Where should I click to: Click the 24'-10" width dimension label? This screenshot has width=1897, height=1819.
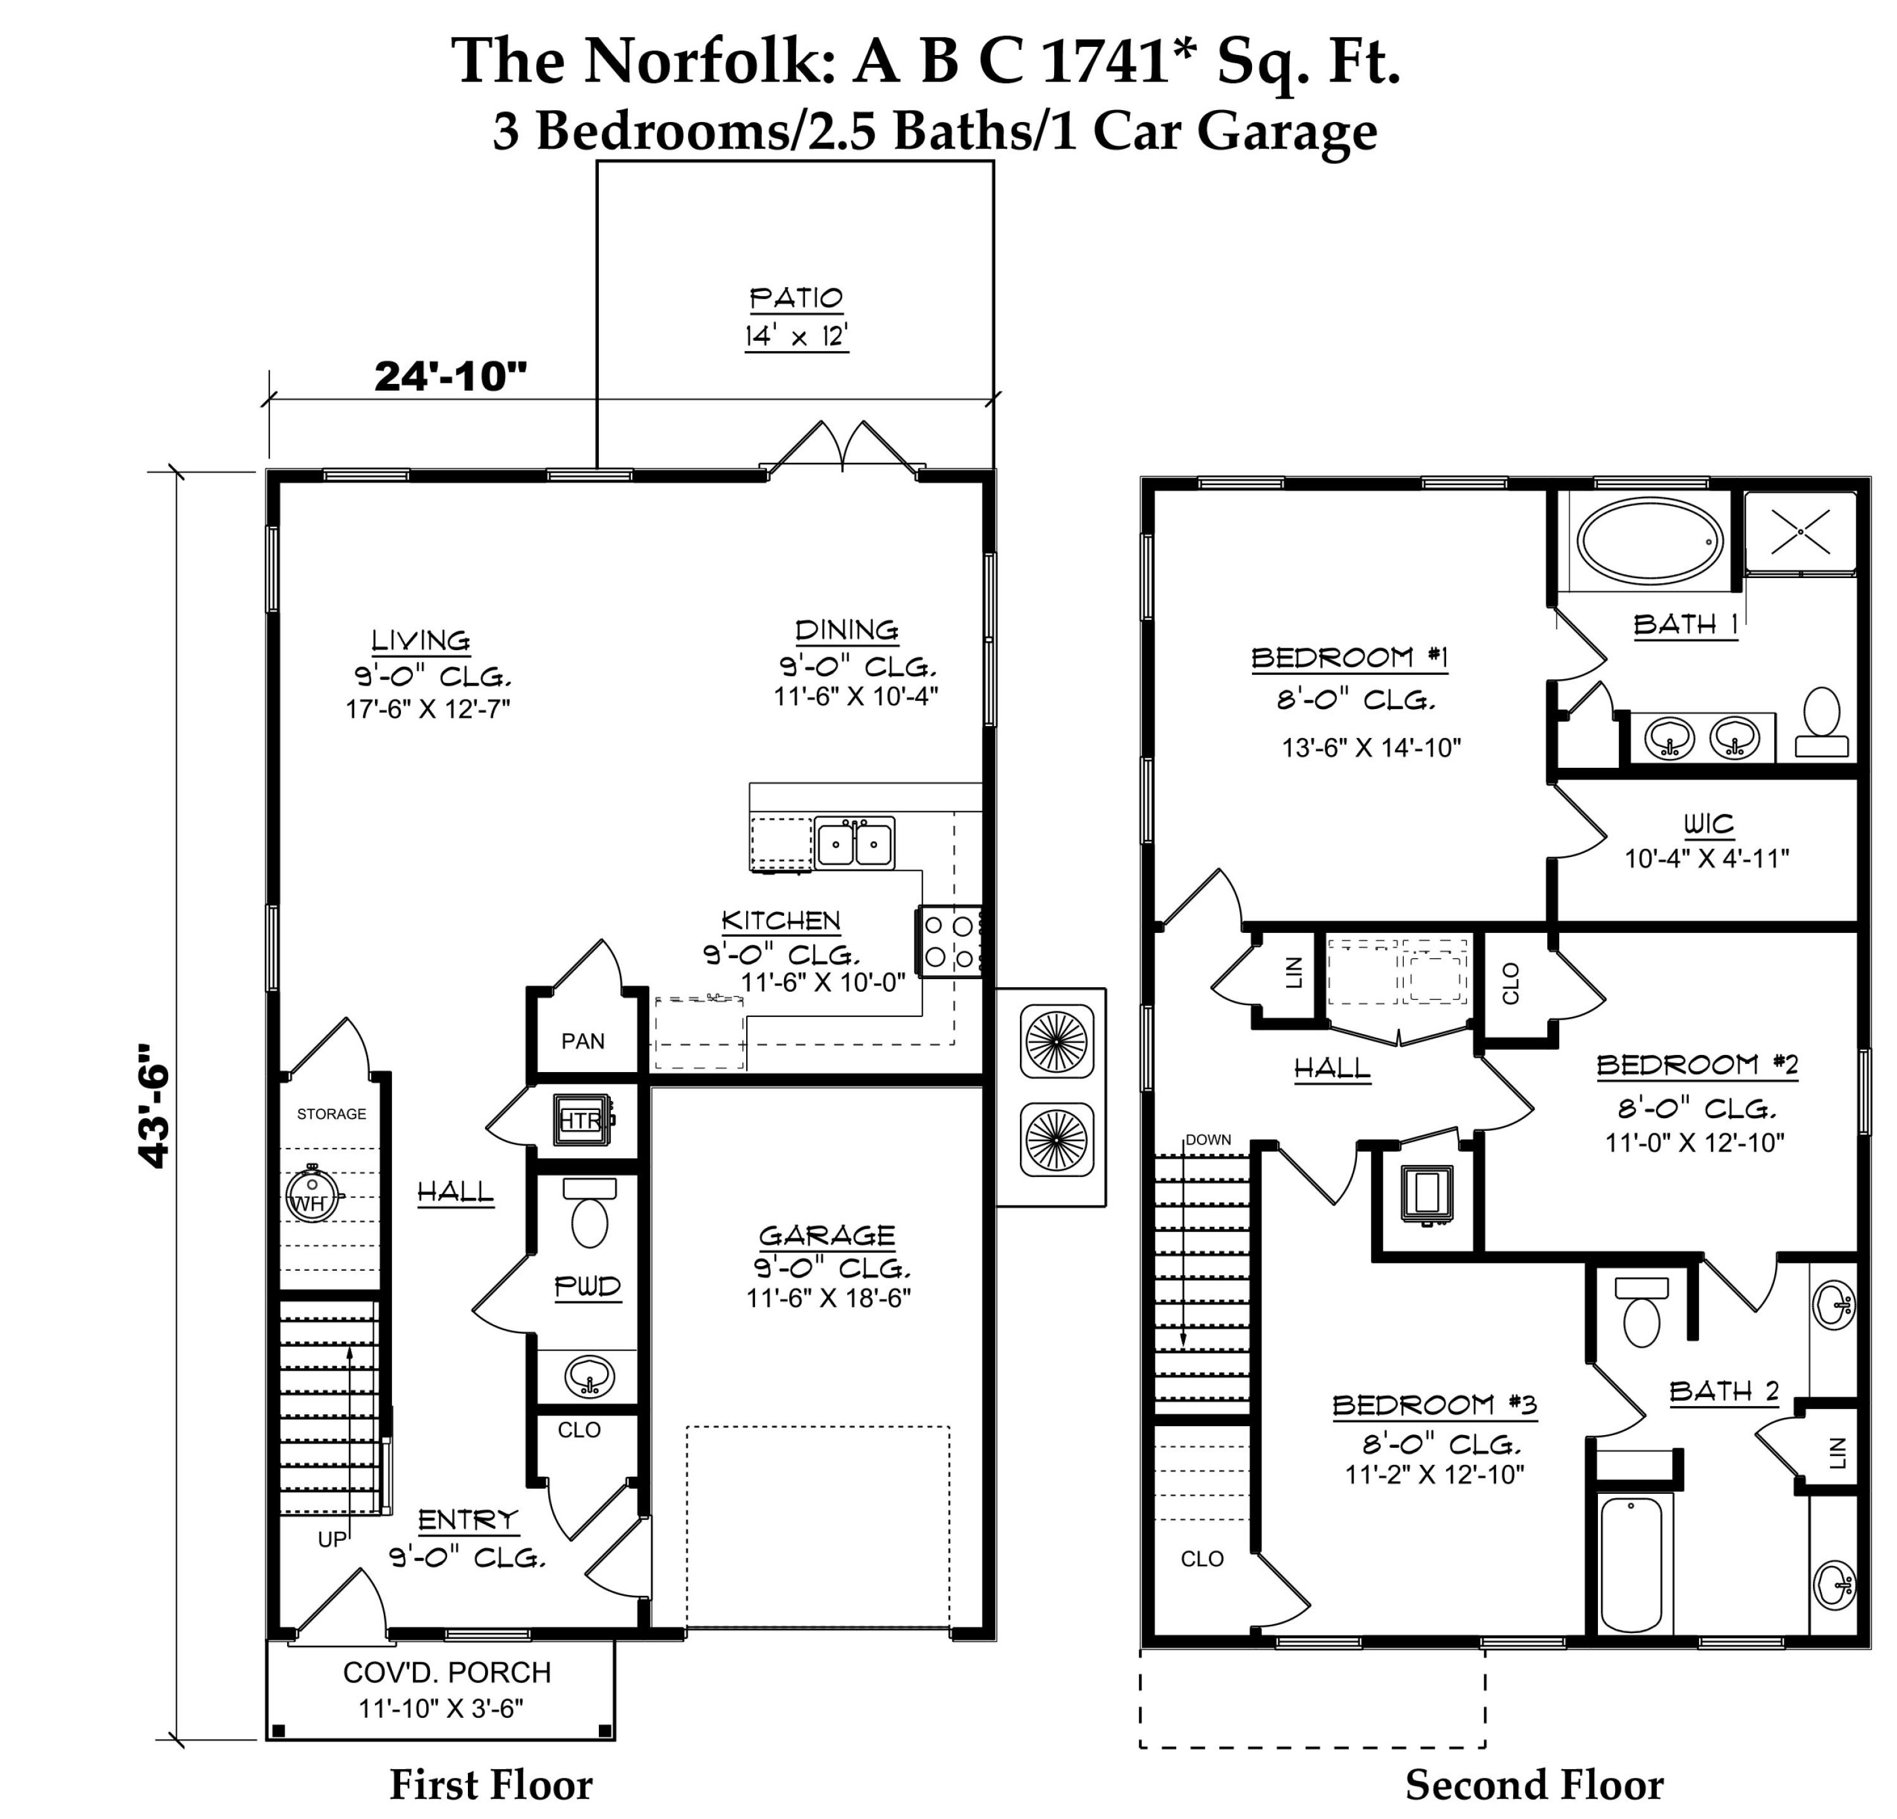coord(451,376)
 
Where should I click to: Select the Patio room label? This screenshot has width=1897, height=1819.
coord(795,297)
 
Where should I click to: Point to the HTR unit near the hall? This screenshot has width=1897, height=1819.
coord(582,1120)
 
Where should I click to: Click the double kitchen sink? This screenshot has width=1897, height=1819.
coord(854,843)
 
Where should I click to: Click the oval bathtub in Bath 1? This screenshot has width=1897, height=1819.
coord(1649,541)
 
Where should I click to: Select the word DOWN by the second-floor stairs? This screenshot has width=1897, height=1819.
coord(1208,1140)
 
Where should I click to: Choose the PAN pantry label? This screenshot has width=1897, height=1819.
coord(582,1040)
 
